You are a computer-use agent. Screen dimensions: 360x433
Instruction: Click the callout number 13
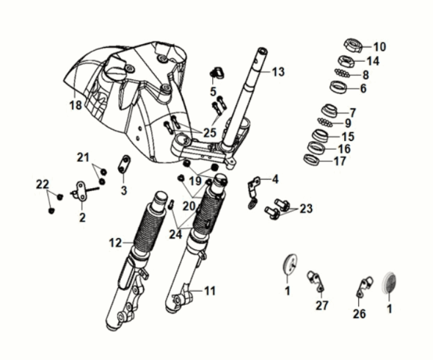[x=277, y=72]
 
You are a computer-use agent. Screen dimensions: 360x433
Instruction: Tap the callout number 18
[x=75, y=105]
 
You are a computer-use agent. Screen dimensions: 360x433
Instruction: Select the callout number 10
[x=379, y=46]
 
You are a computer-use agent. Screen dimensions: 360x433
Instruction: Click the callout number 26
[x=360, y=314]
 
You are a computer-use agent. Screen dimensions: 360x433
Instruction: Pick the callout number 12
[x=114, y=242]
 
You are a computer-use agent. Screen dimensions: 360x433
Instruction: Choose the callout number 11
[x=210, y=291]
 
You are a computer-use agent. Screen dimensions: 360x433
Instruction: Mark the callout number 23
[x=305, y=209]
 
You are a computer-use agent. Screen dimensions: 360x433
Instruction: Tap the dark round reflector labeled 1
[x=390, y=284]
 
